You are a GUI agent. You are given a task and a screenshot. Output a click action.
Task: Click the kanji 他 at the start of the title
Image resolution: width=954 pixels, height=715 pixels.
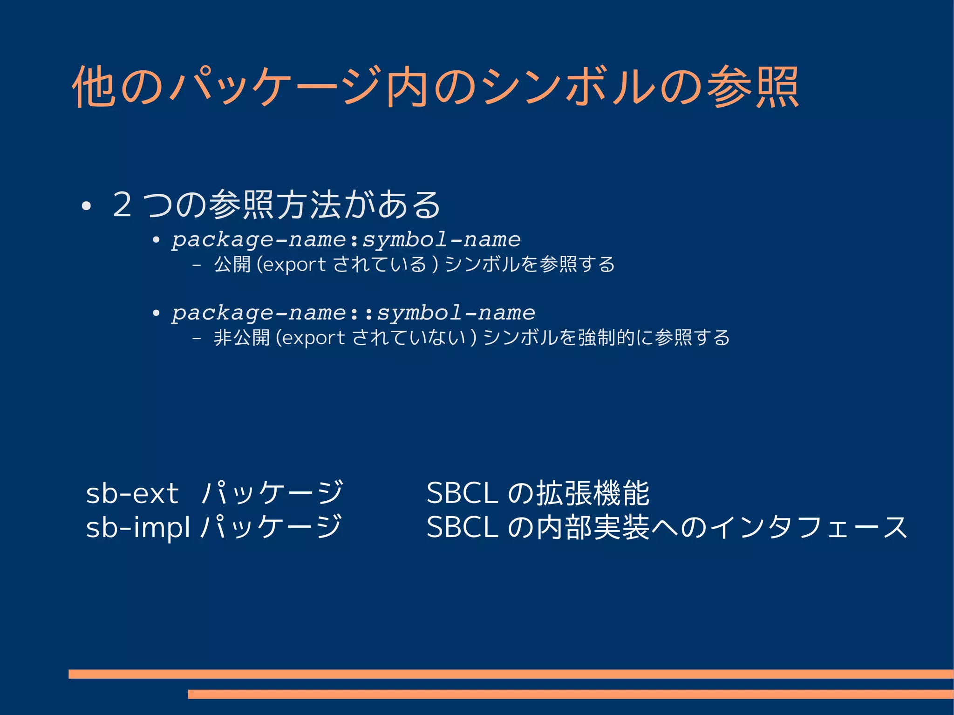93,87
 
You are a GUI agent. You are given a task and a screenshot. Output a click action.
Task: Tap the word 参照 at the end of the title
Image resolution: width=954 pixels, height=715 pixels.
753,87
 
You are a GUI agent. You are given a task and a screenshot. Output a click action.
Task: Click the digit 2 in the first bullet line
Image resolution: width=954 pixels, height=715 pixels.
122,205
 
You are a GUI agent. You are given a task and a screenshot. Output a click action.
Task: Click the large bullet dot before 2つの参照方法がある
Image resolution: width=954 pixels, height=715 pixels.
85,206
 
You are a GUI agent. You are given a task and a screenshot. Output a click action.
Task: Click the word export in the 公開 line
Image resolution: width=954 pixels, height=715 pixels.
294,265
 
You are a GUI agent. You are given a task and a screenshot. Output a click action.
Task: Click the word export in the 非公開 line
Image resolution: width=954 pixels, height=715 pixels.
313,338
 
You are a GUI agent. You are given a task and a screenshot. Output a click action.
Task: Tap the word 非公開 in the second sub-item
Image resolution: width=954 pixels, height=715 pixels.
241,338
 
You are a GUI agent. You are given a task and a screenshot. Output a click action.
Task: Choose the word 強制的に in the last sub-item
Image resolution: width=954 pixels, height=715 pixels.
615,338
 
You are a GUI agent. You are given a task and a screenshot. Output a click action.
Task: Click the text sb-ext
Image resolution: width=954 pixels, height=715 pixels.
132,493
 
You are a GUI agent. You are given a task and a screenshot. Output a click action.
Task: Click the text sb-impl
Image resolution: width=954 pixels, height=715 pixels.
138,527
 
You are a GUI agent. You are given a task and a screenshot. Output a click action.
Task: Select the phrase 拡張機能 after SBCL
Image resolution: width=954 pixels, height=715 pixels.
593,493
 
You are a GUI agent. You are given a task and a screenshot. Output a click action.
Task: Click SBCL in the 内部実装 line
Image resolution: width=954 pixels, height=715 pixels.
462,527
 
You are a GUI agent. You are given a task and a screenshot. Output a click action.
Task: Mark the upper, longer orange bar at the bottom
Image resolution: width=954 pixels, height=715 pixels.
511,674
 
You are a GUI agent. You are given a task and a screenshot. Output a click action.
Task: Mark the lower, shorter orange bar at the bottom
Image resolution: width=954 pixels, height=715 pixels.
570,694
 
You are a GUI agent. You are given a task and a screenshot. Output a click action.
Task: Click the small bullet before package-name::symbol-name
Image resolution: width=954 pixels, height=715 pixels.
156,313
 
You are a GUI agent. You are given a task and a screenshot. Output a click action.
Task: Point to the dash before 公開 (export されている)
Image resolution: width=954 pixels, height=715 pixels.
197,265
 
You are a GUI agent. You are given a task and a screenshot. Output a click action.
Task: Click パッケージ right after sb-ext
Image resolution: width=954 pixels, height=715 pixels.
273,493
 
